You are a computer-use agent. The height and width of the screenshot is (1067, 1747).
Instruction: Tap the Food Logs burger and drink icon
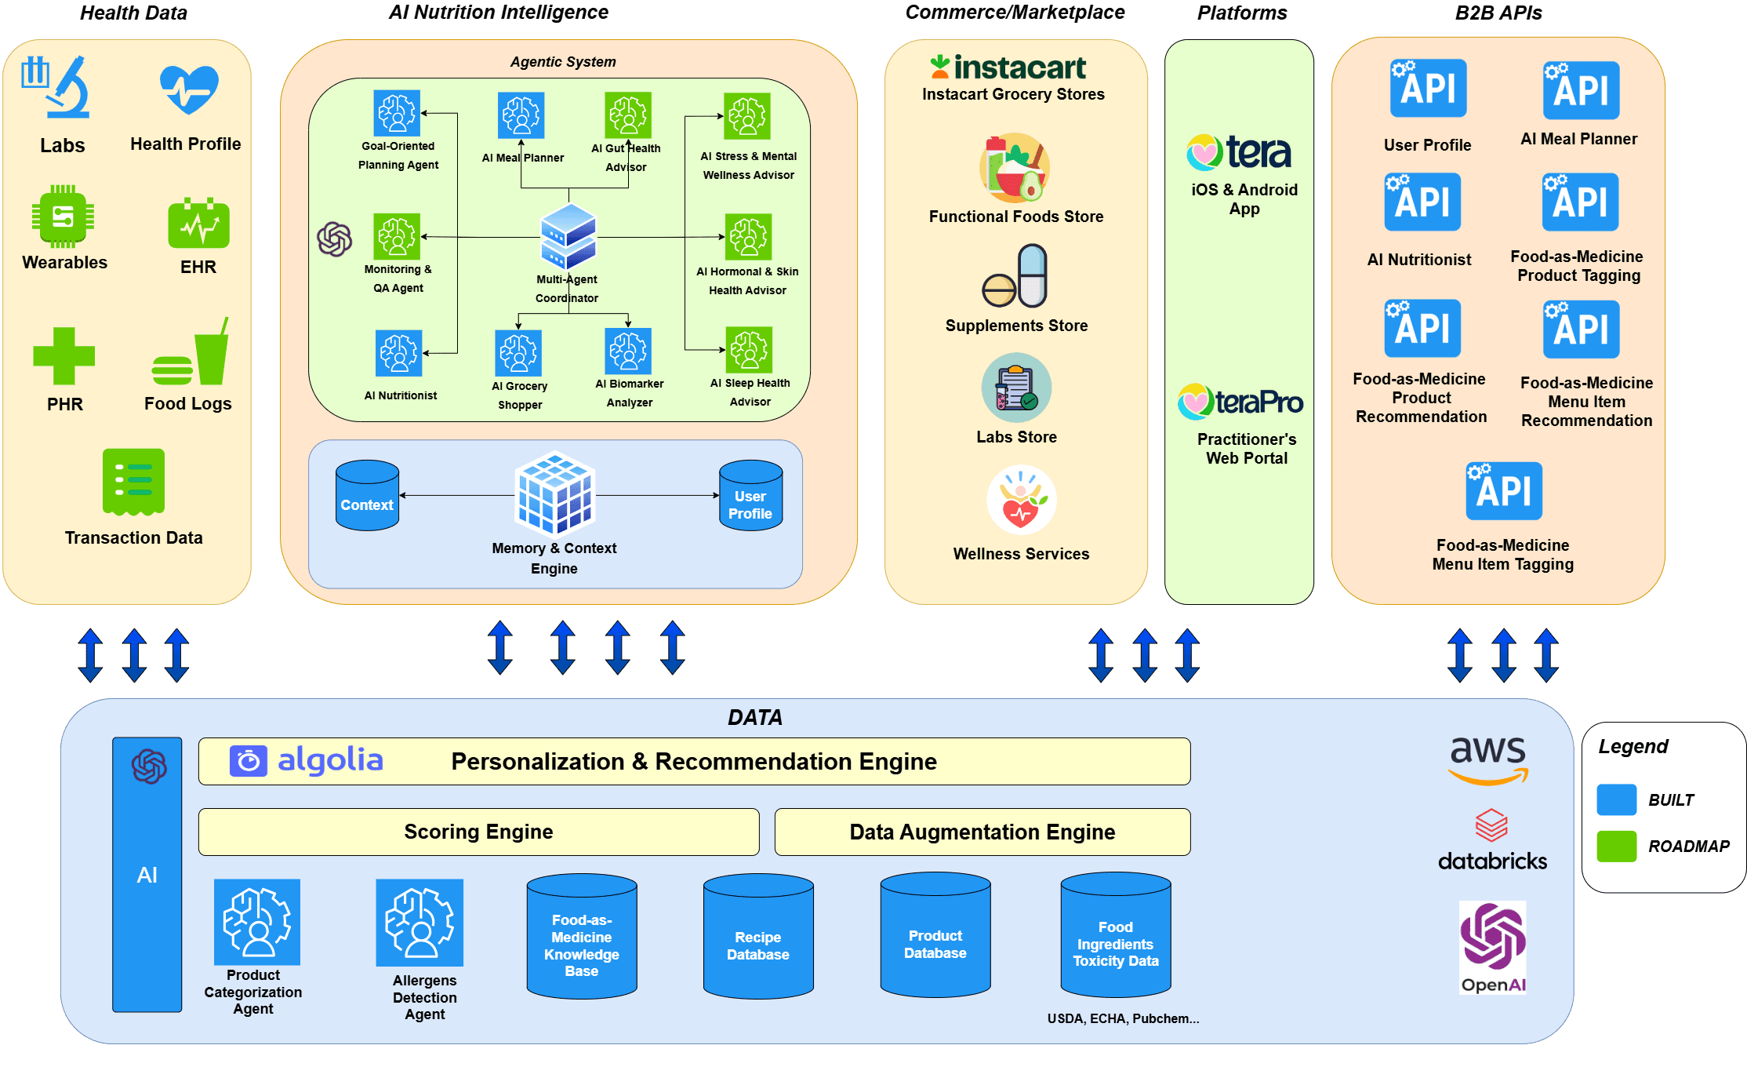[191, 355]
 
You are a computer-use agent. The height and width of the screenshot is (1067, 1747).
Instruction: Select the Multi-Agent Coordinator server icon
[568, 235]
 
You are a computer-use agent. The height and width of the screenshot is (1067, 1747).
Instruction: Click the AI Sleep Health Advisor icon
[749, 350]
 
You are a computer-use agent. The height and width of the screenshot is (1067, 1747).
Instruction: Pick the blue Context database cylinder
[367, 495]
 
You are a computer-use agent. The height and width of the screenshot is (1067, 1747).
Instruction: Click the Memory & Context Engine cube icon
[554, 493]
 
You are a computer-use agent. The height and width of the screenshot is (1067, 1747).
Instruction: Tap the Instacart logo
[1009, 67]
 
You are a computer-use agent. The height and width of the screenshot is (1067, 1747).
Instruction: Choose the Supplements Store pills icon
[1015, 276]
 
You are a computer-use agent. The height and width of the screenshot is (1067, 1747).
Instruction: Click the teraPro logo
[1240, 402]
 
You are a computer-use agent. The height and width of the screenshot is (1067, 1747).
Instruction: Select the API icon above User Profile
[1428, 89]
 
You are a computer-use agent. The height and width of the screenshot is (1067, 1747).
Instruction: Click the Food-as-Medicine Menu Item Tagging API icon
[1504, 491]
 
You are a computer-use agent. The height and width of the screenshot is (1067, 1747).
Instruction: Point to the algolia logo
[307, 760]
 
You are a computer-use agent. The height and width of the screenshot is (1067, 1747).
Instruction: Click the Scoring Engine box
[478, 832]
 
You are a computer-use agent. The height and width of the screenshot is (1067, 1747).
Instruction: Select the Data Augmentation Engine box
[982, 832]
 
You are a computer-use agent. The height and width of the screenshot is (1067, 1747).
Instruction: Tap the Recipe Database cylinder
[758, 937]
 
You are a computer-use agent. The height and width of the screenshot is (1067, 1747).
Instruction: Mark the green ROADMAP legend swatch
[1616, 847]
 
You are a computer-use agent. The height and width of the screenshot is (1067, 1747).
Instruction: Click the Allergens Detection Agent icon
[419, 923]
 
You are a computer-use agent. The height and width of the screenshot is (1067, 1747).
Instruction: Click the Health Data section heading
[133, 13]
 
